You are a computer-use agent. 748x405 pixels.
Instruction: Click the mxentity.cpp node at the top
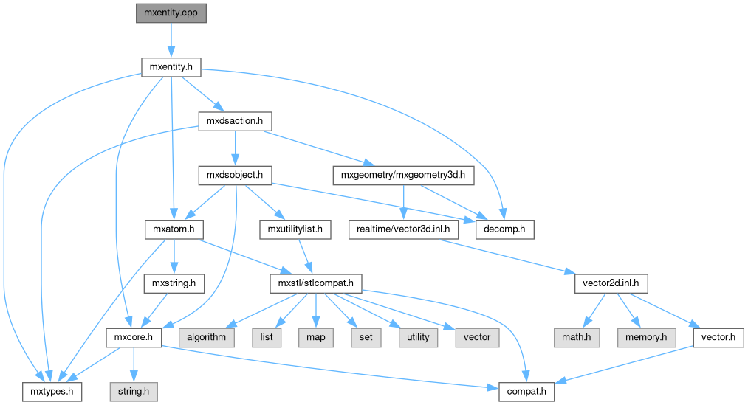point(171,13)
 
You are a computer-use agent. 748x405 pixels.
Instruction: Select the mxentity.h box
point(171,67)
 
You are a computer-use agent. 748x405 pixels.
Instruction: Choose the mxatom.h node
point(171,229)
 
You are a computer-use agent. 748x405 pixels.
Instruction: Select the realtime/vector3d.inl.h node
point(404,229)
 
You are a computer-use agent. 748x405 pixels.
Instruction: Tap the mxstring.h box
point(174,283)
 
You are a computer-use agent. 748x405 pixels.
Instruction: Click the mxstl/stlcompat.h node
point(315,283)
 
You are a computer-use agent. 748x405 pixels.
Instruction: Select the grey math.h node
point(576,337)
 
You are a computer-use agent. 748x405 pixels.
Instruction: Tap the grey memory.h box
point(645,337)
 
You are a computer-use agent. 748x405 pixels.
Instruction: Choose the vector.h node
point(716,337)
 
